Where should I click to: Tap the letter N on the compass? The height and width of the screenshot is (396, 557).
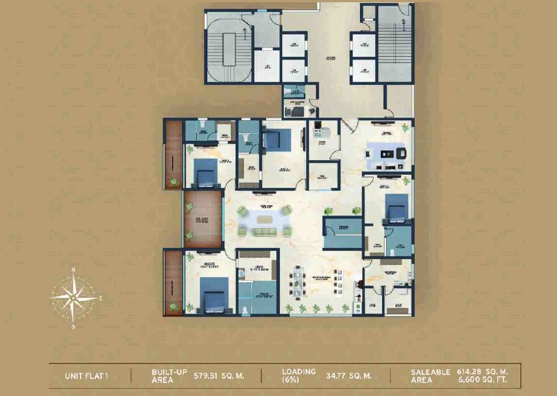73,270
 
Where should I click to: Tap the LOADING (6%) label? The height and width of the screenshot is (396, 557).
299,376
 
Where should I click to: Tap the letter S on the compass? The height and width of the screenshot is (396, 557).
73,327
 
